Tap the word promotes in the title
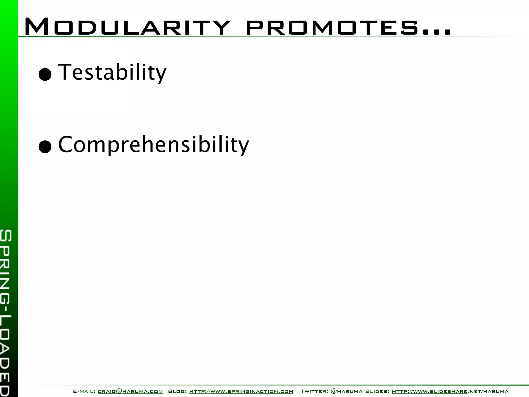point(332,28)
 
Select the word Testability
point(112,72)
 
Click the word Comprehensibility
point(154,145)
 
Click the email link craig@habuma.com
point(130,391)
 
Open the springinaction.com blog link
point(241,391)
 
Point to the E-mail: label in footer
point(84,391)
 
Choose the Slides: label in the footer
point(377,391)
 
